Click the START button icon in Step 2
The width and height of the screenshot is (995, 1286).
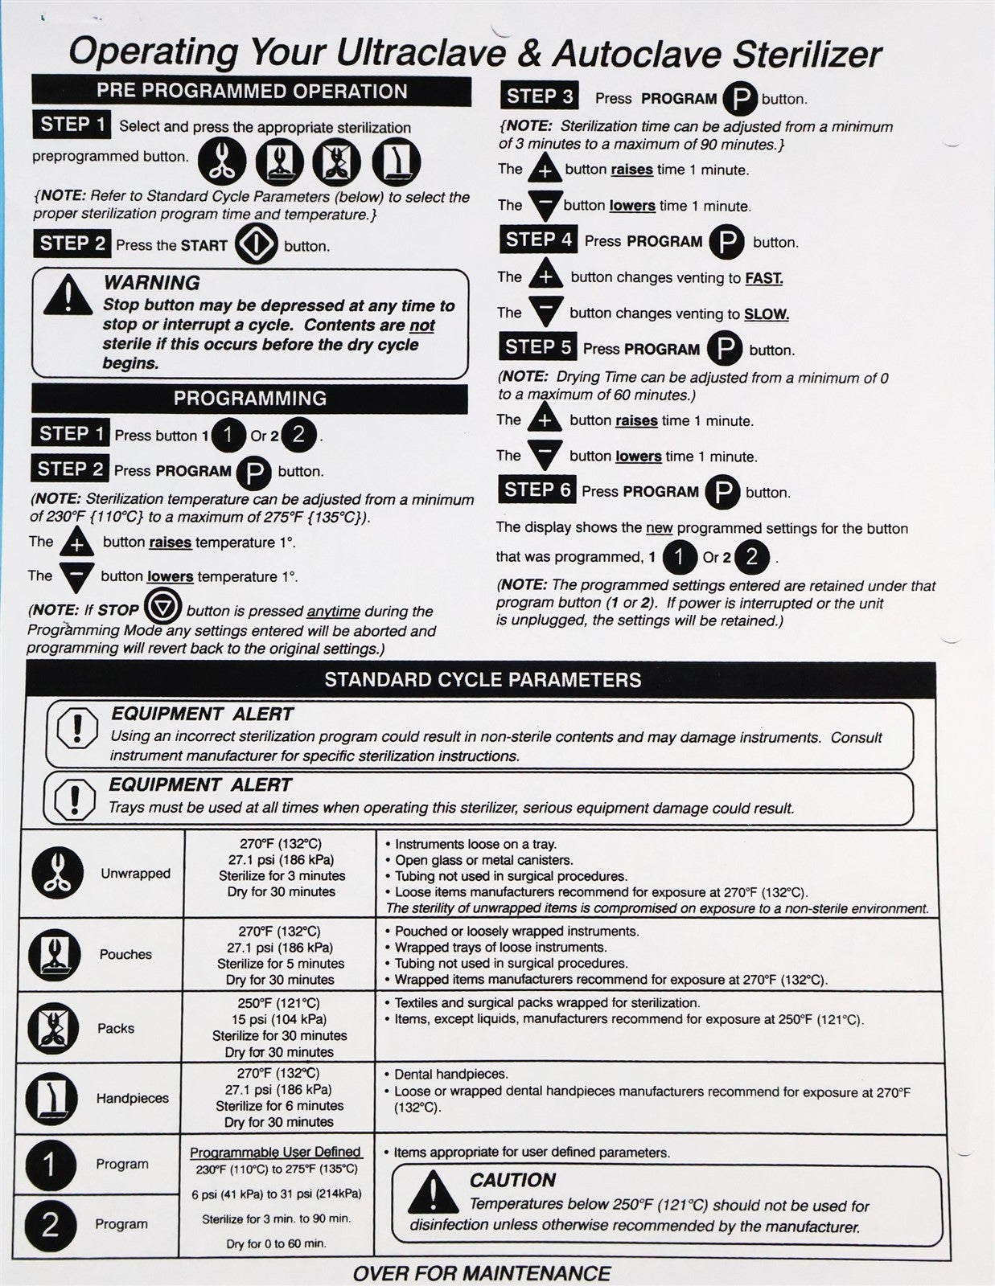[256, 244]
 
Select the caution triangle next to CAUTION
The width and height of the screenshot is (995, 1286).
[433, 1192]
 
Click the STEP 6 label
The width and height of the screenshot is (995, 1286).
[537, 489]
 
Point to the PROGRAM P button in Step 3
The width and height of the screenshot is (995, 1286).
[739, 99]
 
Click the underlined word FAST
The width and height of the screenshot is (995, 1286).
[763, 278]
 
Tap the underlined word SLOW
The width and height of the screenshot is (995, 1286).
[766, 314]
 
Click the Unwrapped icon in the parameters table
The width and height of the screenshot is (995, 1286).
[57, 873]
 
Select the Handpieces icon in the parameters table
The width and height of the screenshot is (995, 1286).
[52, 1098]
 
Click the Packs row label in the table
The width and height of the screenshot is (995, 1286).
[116, 1028]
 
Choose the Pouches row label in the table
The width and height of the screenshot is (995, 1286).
[125, 954]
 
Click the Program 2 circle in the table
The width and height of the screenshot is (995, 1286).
[50, 1224]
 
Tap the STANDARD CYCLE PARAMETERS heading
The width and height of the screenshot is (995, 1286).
[483, 680]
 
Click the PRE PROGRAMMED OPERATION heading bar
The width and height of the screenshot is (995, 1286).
[251, 91]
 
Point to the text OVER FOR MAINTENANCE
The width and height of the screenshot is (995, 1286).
[481, 1273]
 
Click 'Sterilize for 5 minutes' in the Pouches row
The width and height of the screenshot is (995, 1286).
[280, 963]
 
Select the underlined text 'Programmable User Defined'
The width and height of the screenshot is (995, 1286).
[275, 1152]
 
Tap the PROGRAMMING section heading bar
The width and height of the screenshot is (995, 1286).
[249, 398]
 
